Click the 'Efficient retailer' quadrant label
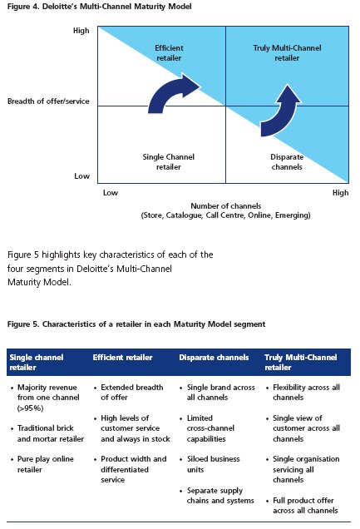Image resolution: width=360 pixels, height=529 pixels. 169,53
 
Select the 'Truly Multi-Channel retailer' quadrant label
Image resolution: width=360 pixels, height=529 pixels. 287,53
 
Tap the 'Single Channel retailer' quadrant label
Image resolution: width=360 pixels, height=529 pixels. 168,161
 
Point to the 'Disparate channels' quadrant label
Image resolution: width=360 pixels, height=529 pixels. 287,161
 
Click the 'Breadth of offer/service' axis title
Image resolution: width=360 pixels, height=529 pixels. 48,101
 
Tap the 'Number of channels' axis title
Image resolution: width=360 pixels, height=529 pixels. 226,205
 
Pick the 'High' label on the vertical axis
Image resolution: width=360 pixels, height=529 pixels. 81,31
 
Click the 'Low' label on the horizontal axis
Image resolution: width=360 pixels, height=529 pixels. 111,193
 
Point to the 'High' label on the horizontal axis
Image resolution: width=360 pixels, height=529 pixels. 340,193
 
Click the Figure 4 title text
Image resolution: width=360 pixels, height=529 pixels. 100,7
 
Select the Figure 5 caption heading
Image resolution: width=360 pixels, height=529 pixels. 136,324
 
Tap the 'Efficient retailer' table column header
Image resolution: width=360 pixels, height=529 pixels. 123,358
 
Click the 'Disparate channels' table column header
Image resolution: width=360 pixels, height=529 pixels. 214,358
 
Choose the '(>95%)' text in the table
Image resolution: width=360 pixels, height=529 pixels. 30,408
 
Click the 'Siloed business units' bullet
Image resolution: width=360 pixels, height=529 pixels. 214,464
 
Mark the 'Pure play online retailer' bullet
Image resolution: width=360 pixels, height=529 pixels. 45,464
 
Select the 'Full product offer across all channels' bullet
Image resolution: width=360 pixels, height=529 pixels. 305,506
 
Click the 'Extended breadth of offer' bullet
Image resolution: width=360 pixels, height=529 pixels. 132,392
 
